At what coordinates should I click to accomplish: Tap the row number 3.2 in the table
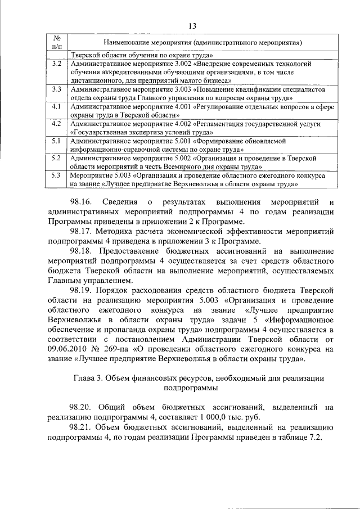point(56,64)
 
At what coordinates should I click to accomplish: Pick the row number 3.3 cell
point(56,89)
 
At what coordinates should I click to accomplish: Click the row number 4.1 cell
point(56,106)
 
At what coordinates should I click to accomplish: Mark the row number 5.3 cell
point(56,175)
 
